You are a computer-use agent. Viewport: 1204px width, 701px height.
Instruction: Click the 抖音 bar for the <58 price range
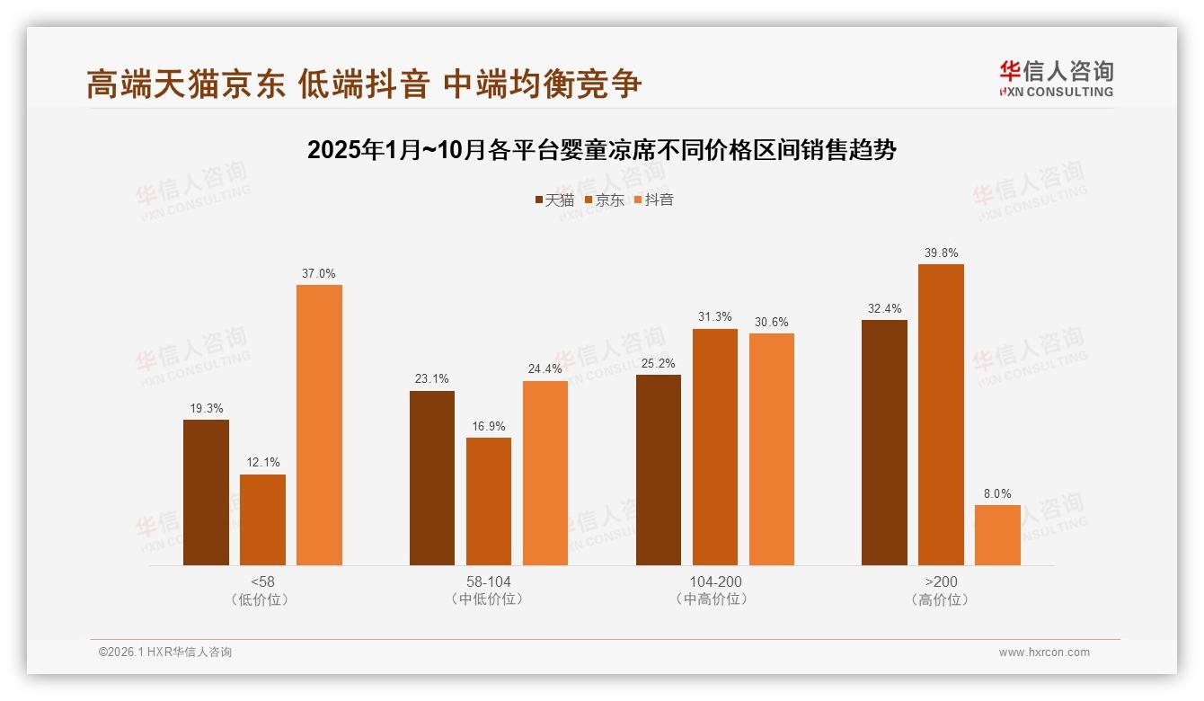(x=319, y=425)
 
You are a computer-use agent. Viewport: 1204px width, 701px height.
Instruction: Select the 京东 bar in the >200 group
(x=941, y=414)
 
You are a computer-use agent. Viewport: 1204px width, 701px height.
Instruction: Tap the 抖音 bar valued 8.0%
(x=997, y=535)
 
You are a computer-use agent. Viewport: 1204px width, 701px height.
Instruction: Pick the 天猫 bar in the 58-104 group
(x=432, y=478)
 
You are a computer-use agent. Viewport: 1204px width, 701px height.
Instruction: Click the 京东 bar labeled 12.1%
(x=262, y=519)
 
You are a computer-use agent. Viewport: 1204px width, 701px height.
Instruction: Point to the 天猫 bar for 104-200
(x=659, y=470)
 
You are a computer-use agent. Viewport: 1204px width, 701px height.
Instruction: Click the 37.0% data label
(x=319, y=274)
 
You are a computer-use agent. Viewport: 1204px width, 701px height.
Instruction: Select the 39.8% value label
(x=941, y=253)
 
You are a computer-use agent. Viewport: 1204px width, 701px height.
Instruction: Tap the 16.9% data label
(x=489, y=427)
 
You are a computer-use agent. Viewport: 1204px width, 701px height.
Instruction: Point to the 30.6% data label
(x=772, y=323)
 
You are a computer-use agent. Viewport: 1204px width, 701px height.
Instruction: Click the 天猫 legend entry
(x=554, y=200)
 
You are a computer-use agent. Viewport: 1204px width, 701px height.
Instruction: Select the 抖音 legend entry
(x=654, y=200)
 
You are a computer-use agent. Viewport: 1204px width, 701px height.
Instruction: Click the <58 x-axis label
(x=263, y=581)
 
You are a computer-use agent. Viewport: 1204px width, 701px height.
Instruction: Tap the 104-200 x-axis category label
(x=715, y=581)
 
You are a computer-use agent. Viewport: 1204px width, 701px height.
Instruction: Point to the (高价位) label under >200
(x=941, y=599)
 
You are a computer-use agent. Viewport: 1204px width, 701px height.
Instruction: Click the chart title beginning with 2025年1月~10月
(x=601, y=150)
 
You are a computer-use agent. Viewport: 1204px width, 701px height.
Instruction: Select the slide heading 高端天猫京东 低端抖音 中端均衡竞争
(x=364, y=84)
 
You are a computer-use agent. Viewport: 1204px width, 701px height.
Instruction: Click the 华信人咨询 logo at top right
(x=1056, y=79)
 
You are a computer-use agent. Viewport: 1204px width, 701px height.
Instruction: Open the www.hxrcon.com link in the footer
(x=1044, y=652)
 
